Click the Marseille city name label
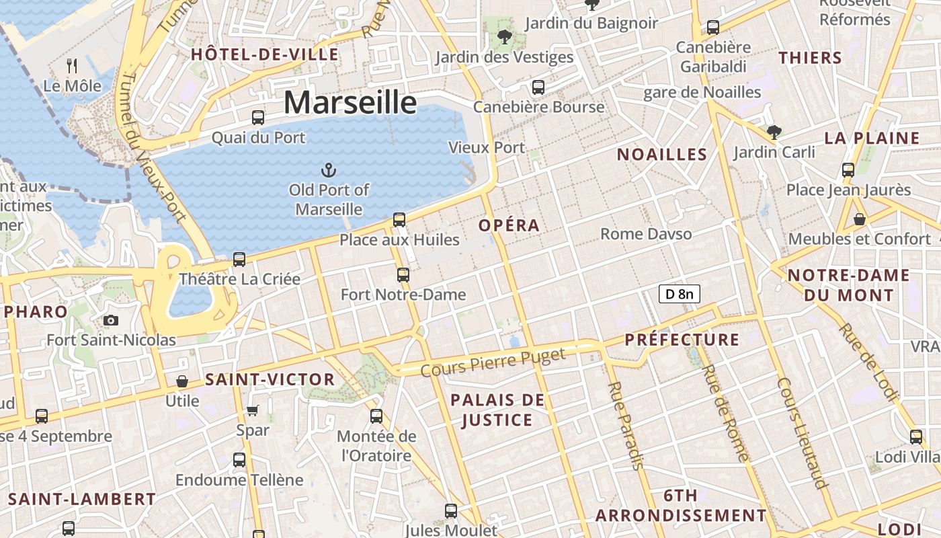(x=350, y=102)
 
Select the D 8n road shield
(x=679, y=294)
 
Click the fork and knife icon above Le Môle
(x=73, y=66)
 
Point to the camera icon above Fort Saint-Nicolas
(x=111, y=321)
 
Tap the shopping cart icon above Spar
(x=253, y=410)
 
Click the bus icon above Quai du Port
(x=258, y=118)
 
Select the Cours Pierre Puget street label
(x=493, y=362)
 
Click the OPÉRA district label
(x=509, y=225)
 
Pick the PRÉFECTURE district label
(x=682, y=340)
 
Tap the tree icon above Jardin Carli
(x=774, y=132)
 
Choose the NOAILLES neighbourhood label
(x=662, y=155)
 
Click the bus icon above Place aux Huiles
(x=399, y=220)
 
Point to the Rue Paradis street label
(x=626, y=425)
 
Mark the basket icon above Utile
(x=182, y=382)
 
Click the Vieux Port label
(x=487, y=147)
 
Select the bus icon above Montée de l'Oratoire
(x=376, y=416)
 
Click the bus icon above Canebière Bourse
(x=538, y=87)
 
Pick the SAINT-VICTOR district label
(x=270, y=379)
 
